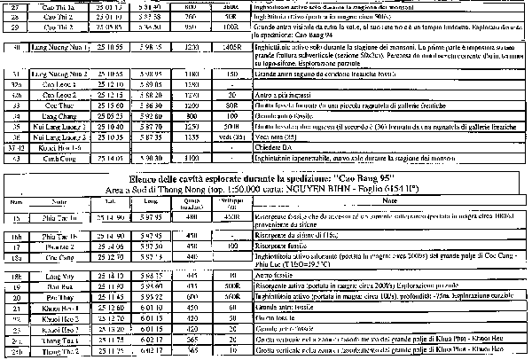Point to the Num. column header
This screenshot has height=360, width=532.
13,201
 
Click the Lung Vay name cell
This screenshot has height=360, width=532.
57,278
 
